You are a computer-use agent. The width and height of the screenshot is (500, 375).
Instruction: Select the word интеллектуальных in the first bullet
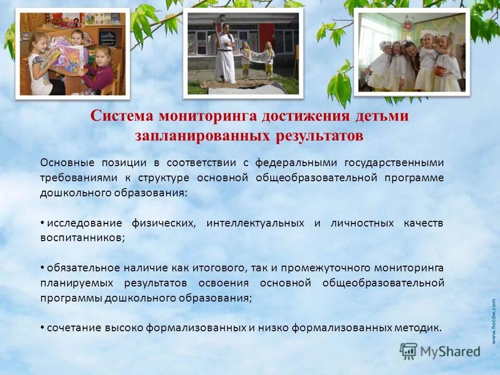(255, 223)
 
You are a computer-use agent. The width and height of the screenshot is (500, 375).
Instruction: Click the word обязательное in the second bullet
(83, 268)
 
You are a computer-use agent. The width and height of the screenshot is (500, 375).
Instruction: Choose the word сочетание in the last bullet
(71, 328)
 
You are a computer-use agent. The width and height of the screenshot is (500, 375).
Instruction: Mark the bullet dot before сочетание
(42, 328)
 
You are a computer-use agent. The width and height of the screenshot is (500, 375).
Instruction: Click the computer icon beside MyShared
(409, 351)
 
